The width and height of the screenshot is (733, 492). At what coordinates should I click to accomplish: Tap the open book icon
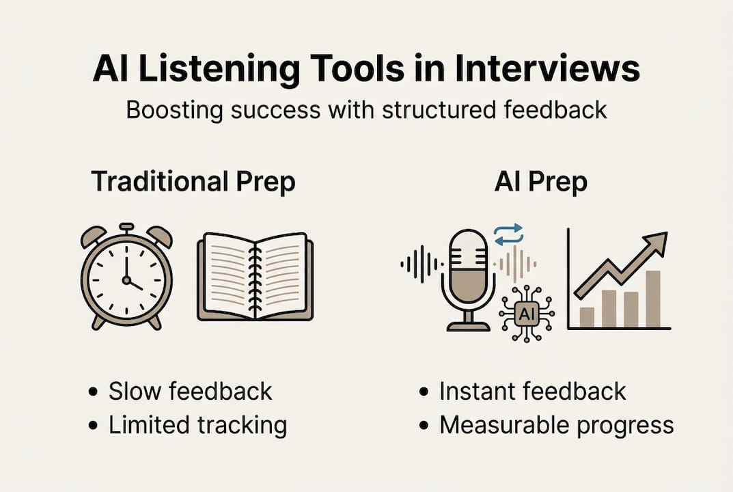255,277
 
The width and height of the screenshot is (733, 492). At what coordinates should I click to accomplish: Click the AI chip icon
526,314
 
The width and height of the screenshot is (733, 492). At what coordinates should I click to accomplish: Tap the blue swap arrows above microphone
508,234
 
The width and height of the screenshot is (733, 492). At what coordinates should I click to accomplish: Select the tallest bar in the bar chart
653,299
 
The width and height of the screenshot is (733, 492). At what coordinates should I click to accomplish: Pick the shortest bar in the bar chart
587,316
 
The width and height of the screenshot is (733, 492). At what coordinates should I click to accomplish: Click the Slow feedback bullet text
190,392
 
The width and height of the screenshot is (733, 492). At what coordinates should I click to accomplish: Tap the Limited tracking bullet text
197,425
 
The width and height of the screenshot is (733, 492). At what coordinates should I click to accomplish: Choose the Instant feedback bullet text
532,392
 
